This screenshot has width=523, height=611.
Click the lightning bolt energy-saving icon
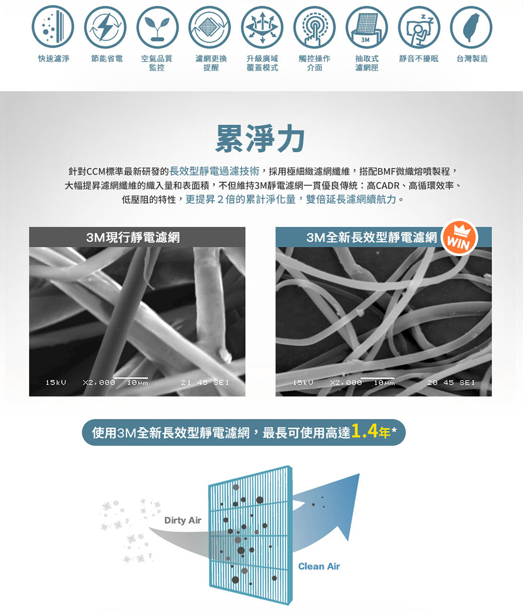(x=105, y=27)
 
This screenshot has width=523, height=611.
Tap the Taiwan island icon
(x=471, y=27)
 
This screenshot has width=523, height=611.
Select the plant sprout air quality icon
(x=157, y=27)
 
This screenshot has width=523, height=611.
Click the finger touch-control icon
(x=314, y=27)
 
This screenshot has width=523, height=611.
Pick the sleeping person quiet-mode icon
(x=419, y=27)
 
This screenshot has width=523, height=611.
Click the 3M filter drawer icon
(x=367, y=27)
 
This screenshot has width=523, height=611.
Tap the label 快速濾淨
(x=53, y=59)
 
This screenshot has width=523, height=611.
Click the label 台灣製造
(x=472, y=59)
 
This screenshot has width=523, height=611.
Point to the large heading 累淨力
(x=260, y=139)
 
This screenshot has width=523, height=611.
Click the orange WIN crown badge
(x=460, y=237)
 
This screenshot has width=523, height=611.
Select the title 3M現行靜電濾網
(x=133, y=237)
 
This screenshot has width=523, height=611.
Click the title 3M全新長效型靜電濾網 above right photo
(x=372, y=237)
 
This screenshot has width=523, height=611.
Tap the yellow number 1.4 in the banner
(x=365, y=431)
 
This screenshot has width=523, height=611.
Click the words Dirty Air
(x=183, y=520)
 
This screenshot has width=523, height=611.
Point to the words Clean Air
(x=319, y=566)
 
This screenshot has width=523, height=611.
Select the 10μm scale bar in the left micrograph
(x=131, y=378)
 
